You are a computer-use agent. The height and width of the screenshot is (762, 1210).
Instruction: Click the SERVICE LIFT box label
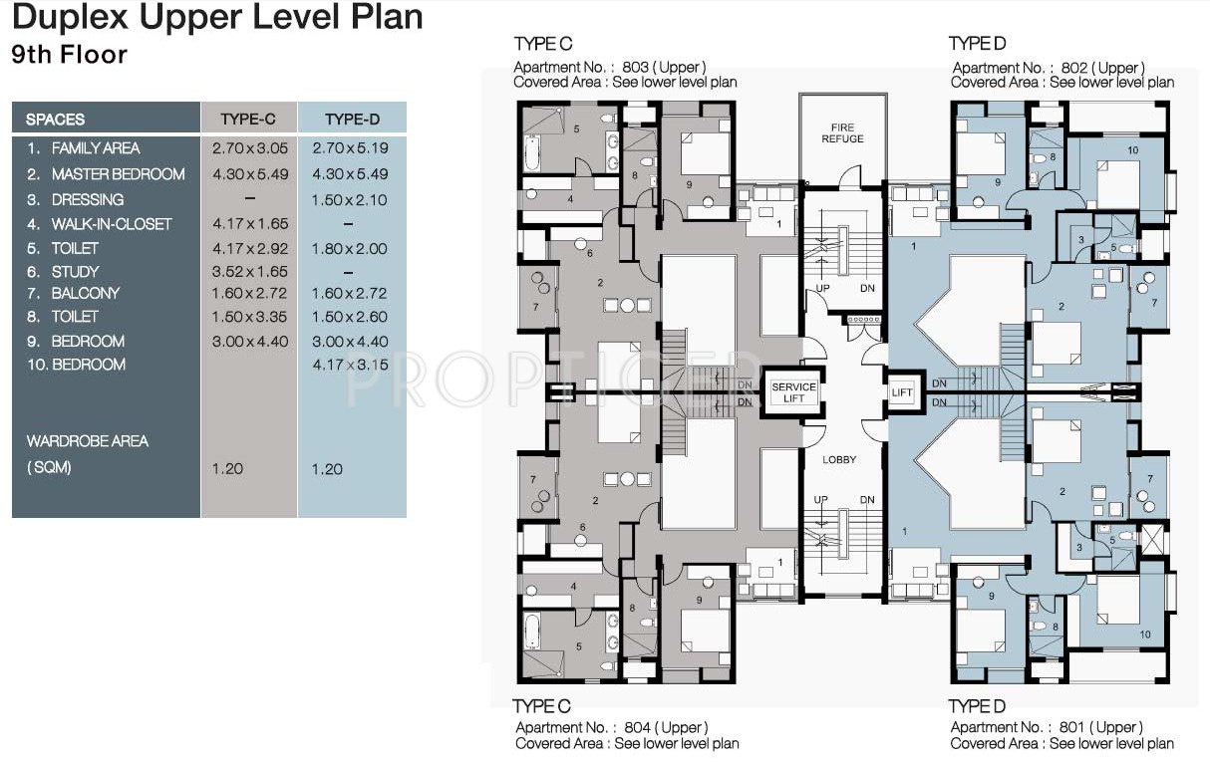pos(793,392)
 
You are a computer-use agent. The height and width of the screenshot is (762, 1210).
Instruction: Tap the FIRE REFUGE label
pos(842,133)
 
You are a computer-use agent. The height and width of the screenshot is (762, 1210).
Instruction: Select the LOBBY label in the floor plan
pos(839,460)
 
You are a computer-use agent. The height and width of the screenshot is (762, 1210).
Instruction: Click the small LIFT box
pos(901,392)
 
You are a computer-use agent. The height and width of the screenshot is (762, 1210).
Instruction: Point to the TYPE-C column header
pos(248,119)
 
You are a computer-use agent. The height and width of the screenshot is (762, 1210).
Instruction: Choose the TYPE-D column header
pos(352,119)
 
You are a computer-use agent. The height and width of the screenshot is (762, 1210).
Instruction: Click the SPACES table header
pos(56,119)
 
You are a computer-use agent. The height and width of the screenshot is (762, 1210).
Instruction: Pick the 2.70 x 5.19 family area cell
pos(350,147)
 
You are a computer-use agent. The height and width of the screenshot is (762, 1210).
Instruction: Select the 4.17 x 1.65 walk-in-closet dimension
pos(249,224)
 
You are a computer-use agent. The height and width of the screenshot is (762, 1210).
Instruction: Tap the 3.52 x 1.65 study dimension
pos(249,271)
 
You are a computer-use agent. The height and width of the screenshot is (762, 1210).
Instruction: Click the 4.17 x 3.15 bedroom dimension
pos(350,365)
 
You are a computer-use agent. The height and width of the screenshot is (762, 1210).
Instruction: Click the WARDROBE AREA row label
pos(87,440)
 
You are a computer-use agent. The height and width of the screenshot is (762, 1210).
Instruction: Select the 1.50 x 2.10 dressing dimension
pos(350,200)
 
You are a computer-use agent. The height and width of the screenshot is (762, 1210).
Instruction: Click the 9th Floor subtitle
pos(70,54)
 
